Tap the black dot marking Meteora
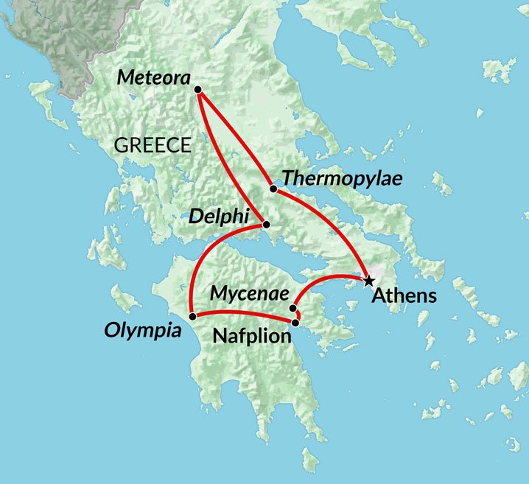(197, 89)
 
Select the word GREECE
(152, 145)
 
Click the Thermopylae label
(342, 179)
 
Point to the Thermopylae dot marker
(273, 189)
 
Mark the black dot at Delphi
(266, 225)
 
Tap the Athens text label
(404, 297)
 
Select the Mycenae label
(248, 294)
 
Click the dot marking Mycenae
(293, 309)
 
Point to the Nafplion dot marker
(295, 323)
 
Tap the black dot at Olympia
(192, 317)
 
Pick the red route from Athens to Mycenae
(324, 279)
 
